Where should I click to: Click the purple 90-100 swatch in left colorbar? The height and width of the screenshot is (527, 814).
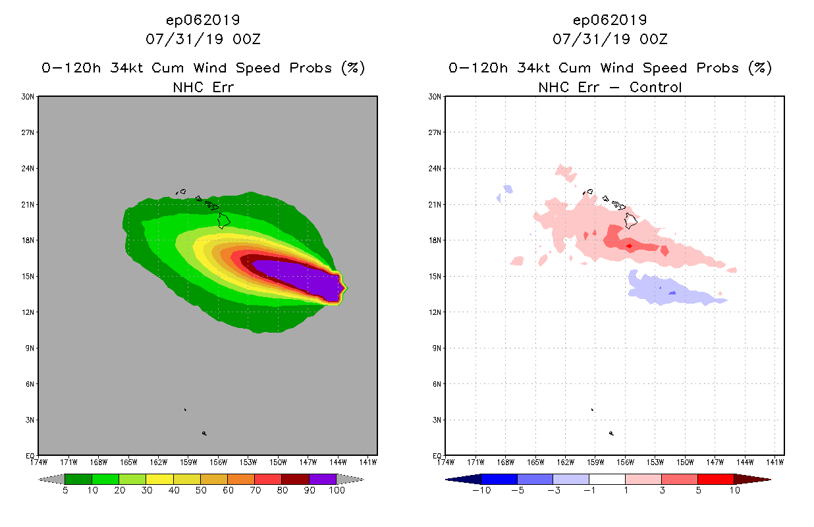323,479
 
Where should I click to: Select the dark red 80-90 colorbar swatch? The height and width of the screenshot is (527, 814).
295,479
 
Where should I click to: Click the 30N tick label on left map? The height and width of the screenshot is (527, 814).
28,97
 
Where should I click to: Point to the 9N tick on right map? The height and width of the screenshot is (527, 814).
436,348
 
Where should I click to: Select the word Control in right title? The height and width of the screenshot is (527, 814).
656,87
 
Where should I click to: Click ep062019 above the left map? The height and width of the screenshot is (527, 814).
203,20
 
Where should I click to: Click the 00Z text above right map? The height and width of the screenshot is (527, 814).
653,39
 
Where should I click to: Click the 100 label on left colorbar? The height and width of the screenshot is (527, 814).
337,490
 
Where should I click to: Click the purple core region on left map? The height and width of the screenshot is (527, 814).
296,275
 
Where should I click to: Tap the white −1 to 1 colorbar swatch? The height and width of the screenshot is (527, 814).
607,479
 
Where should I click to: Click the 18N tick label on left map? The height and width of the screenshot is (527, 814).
28,240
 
